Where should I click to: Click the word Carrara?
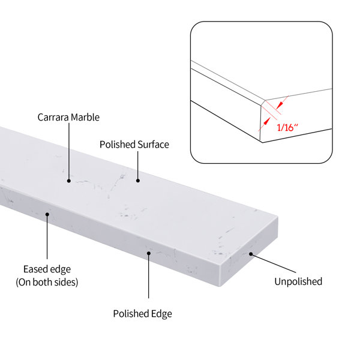(52, 118)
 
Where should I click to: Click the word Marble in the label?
(84, 118)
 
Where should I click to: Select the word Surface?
(154, 145)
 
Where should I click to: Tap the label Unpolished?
(298, 282)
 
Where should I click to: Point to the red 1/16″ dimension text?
(287, 127)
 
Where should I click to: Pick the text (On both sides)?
(47, 282)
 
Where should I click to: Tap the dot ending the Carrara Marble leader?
(69, 181)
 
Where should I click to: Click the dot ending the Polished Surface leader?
(138, 181)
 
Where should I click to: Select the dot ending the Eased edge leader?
(47, 214)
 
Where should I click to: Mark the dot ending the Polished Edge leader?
(149, 253)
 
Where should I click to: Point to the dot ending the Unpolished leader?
(251, 254)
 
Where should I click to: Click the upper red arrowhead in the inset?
(279, 106)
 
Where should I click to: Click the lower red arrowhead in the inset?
(266, 122)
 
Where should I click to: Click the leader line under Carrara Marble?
(69, 152)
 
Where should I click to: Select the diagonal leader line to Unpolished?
(274, 263)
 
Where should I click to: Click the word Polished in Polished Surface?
(118, 145)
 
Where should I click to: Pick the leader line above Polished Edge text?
(149, 276)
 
